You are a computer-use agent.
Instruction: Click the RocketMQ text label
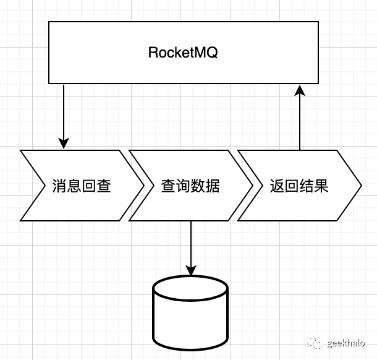pyautogui.click(x=183, y=53)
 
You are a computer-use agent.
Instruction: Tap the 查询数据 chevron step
pyautogui.click(x=190, y=185)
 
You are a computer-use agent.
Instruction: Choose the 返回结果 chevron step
pyautogui.click(x=299, y=185)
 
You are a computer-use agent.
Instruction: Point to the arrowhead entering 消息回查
pyautogui.click(x=64, y=143)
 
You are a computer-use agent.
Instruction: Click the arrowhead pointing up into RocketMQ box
pyautogui.click(x=300, y=91)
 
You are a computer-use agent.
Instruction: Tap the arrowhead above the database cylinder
pyautogui.click(x=190, y=270)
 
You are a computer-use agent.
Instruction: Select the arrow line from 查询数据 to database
pyautogui.click(x=190, y=244)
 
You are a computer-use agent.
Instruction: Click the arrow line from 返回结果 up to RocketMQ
pyautogui.click(x=300, y=124)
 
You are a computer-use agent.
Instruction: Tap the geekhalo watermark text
pyautogui.click(x=347, y=343)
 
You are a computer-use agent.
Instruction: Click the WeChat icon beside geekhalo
pyautogui.click(x=317, y=343)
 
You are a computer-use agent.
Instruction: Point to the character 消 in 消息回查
pyautogui.click(x=59, y=185)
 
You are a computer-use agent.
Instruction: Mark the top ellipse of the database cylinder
pyautogui.click(x=190, y=288)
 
